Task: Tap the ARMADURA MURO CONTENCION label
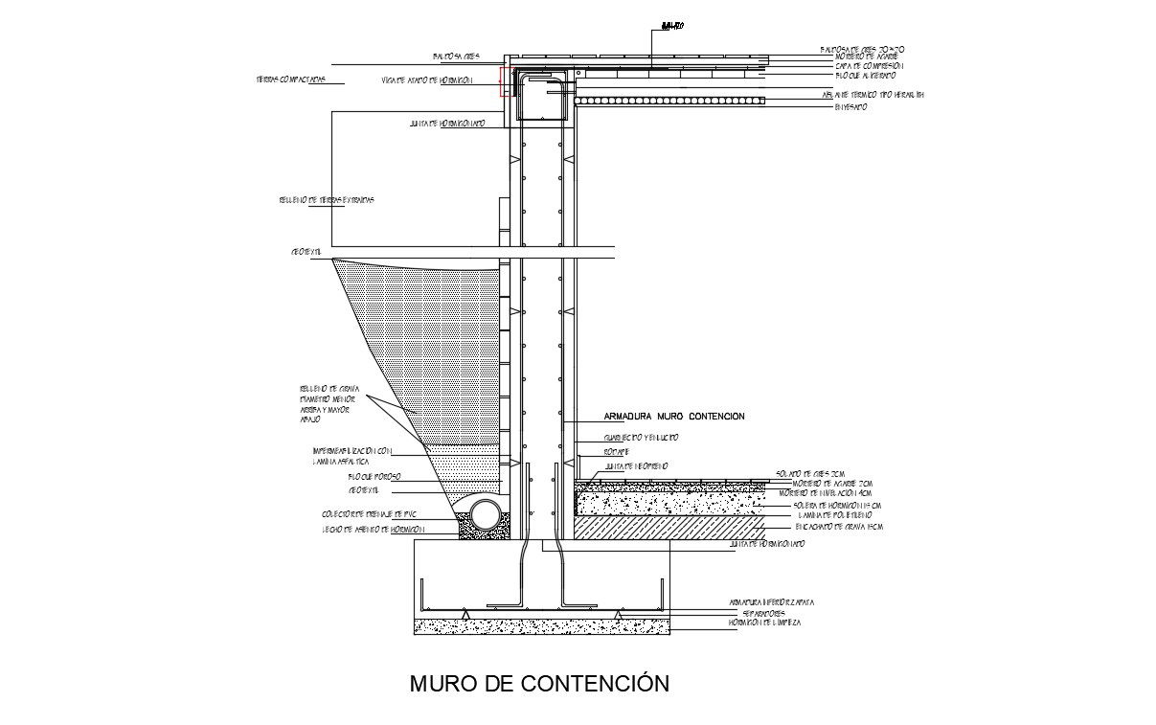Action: pyautogui.click(x=674, y=417)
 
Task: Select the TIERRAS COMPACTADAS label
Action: pyautogui.click(x=290, y=79)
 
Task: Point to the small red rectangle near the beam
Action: pyautogui.click(x=504, y=81)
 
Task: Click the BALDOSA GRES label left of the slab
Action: pyautogui.click(x=456, y=57)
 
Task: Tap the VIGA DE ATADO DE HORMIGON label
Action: pyautogui.click(x=426, y=80)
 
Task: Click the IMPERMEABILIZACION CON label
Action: pyautogui.click(x=352, y=450)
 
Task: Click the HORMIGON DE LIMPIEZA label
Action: pyautogui.click(x=764, y=623)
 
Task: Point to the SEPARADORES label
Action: pyautogui.click(x=763, y=613)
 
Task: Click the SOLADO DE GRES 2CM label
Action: pyautogui.click(x=809, y=473)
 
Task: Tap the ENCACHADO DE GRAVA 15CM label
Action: pyautogui.click(x=837, y=527)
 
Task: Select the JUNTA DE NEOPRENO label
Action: pyautogui.click(x=635, y=465)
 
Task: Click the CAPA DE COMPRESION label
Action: pyautogui.click(x=868, y=66)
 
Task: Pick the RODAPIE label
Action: pyautogui.click(x=616, y=450)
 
